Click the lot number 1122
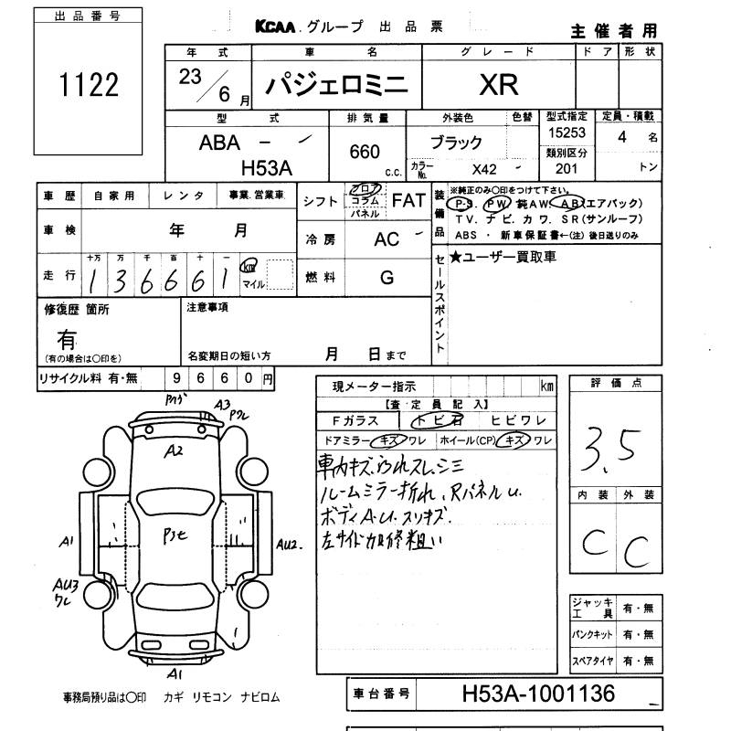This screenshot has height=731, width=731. point(89,85)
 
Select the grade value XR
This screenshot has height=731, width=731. point(498,85)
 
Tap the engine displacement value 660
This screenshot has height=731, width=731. point(365,153)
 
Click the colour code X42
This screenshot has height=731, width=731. point(485,169)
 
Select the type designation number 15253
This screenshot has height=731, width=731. point(566,133)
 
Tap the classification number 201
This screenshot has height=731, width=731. point(566,169)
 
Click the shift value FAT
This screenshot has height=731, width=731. point(408,201)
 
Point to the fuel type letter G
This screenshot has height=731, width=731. point(387,278)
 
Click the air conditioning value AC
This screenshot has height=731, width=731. point(387,238)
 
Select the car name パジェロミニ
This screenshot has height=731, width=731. point(337,85)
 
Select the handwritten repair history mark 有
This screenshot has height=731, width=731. point(66,339)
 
